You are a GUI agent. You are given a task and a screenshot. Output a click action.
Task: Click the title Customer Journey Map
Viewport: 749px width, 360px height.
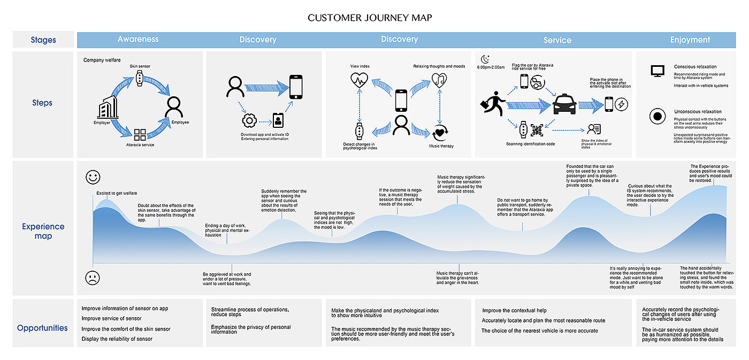[x=370, y=18]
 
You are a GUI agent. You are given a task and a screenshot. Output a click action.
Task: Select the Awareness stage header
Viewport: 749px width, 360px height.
[x=138, y=40]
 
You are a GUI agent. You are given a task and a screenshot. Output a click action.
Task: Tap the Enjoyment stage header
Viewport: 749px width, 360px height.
[x=690, y=40]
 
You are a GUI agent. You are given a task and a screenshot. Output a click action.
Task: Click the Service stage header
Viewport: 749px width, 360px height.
[x=557, y=40]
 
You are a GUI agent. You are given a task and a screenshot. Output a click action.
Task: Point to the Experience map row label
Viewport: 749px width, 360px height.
[x=43, y=231]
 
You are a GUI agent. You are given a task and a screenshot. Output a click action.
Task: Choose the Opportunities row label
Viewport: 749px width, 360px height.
[x=42, y=328]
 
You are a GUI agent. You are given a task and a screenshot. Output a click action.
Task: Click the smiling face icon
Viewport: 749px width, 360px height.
[x=93, y=177]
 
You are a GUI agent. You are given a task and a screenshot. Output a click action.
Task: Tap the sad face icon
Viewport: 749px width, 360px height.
[x=93, y=278]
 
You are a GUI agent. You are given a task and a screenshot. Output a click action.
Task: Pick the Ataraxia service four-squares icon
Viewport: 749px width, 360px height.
[x=140, y=135]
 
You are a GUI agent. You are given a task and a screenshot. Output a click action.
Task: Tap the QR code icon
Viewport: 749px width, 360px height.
[x=537, y=129]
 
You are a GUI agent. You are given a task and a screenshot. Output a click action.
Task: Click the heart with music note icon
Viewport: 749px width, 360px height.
[x=439, y=80]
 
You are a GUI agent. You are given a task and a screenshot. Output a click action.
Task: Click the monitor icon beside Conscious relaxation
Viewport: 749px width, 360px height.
[x=657, y=71]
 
